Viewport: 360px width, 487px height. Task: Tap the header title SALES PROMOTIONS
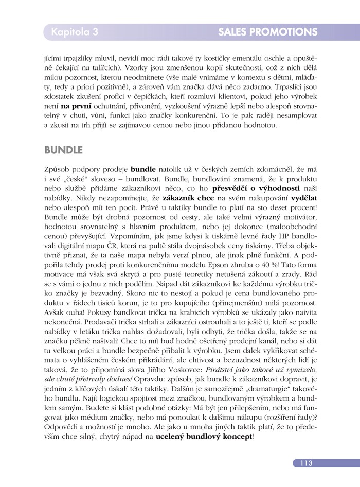point(267,32)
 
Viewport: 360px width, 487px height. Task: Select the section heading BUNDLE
point(64,150)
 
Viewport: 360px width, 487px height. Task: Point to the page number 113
point(304,463)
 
